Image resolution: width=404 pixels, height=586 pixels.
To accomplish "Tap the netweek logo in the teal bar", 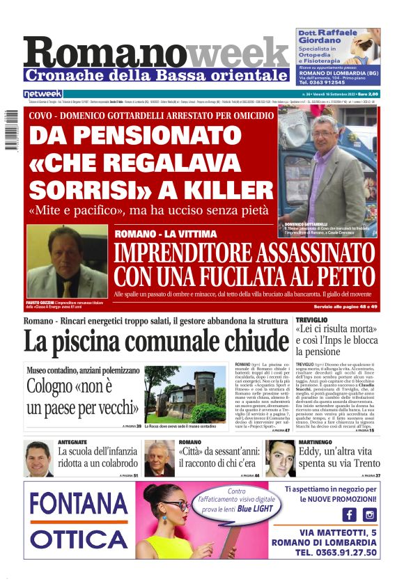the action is (43, 94).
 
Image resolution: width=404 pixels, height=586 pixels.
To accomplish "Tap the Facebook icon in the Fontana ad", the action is (349, 514).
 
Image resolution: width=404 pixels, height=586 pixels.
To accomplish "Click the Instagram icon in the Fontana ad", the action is (370, 514).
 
